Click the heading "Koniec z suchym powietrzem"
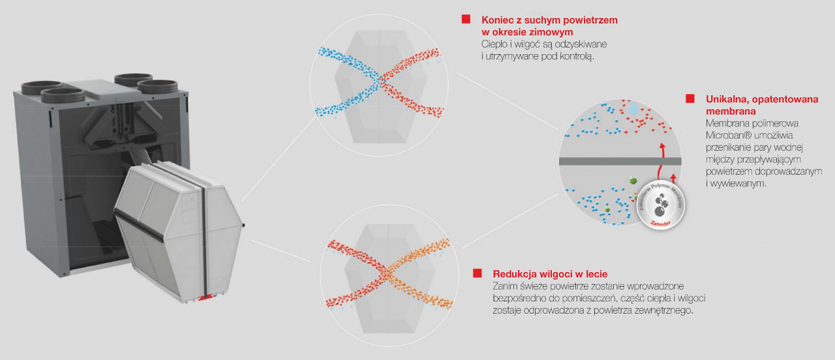click(x=549, y=20)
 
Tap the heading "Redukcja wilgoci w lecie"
click(x=550, y=274)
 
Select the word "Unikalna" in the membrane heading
click(x=726, y=99)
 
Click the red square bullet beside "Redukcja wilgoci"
click(x=477, y=273)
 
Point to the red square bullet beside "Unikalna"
click(x=690, y=98)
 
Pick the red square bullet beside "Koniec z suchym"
click(x=466, y=19)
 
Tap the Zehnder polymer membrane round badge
click(x=661, y=205)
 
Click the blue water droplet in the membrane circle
click(x=633, y=108)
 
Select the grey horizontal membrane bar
click(x=620, y=161)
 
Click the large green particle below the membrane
click(x=633, y=181)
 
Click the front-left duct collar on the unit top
click(x=63, y=95)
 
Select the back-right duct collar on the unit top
click(x=133, y=80)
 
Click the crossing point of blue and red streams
click(x=380, y=80)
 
